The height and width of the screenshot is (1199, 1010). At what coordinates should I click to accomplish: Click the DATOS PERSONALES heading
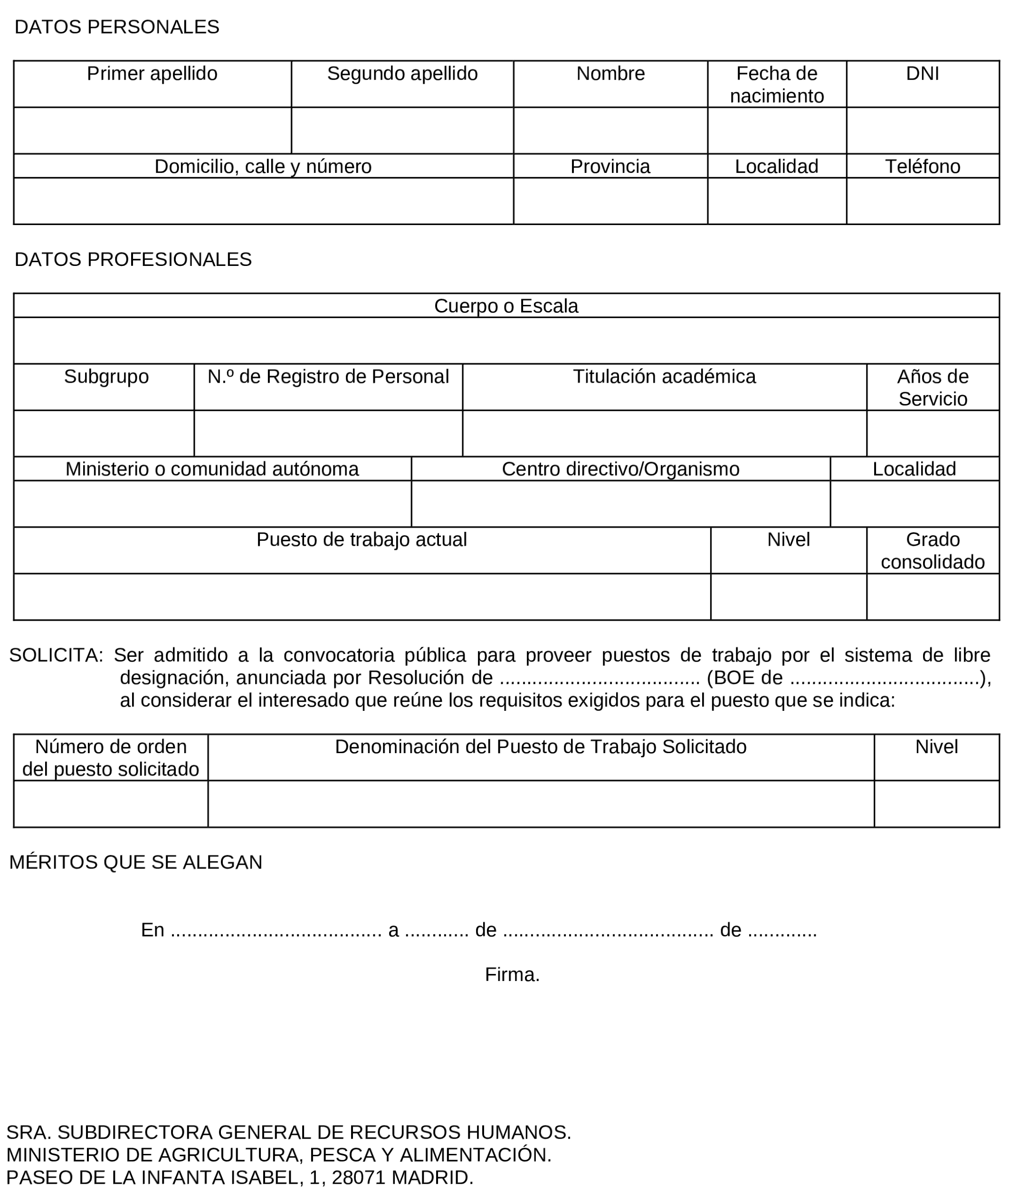117,27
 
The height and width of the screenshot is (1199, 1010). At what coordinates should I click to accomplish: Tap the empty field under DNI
923,131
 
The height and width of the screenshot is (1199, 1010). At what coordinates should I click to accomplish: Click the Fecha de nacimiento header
776,84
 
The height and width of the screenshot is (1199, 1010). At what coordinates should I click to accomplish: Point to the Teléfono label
923,167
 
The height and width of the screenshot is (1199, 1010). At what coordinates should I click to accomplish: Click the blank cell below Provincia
610,201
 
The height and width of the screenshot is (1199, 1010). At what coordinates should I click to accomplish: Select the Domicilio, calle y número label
263,167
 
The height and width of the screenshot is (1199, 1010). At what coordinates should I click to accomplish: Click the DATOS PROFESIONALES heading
133,259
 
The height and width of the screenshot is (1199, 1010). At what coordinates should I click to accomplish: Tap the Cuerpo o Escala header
506,306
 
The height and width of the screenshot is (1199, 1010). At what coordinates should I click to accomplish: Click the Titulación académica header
664,377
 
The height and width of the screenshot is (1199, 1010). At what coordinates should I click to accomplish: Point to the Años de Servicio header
932,387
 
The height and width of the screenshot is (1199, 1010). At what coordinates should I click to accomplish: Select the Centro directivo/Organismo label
620,469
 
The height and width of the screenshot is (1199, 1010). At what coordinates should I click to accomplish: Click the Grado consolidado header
932,550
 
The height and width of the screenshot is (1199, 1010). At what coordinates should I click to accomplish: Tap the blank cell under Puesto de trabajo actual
362,596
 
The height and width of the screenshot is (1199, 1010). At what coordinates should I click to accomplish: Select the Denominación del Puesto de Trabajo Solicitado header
541,747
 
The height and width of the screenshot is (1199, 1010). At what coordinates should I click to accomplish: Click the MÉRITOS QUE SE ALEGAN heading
136,862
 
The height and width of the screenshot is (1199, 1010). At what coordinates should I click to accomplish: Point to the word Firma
512,975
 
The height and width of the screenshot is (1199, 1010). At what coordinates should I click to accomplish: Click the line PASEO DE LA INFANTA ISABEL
239,1177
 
